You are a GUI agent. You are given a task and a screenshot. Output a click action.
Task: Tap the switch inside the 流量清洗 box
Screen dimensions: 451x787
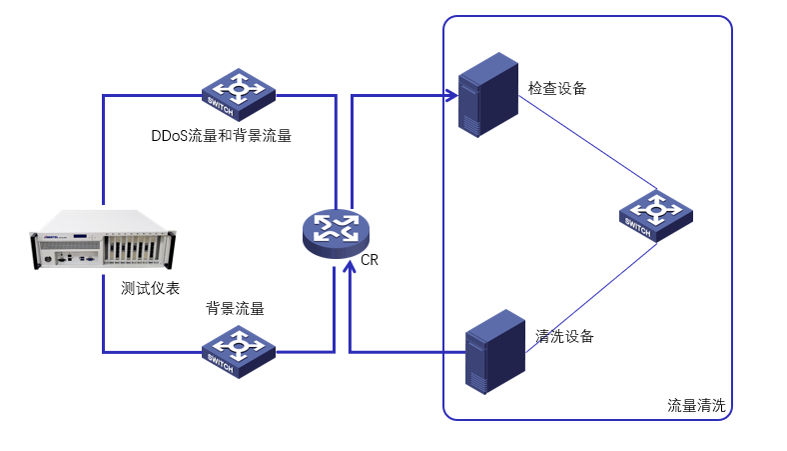click(654, 213)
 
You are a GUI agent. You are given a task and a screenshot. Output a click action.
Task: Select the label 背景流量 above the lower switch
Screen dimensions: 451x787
click(235, 308)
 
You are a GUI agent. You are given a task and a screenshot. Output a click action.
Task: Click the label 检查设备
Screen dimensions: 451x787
click(557, 88)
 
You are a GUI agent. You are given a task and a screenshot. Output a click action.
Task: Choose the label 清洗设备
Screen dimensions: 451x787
click(565, 336)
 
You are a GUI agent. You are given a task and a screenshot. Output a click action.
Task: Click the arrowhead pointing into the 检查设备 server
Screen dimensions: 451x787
click(451, 96)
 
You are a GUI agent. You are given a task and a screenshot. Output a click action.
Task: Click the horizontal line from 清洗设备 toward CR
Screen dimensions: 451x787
click(409, 352)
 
